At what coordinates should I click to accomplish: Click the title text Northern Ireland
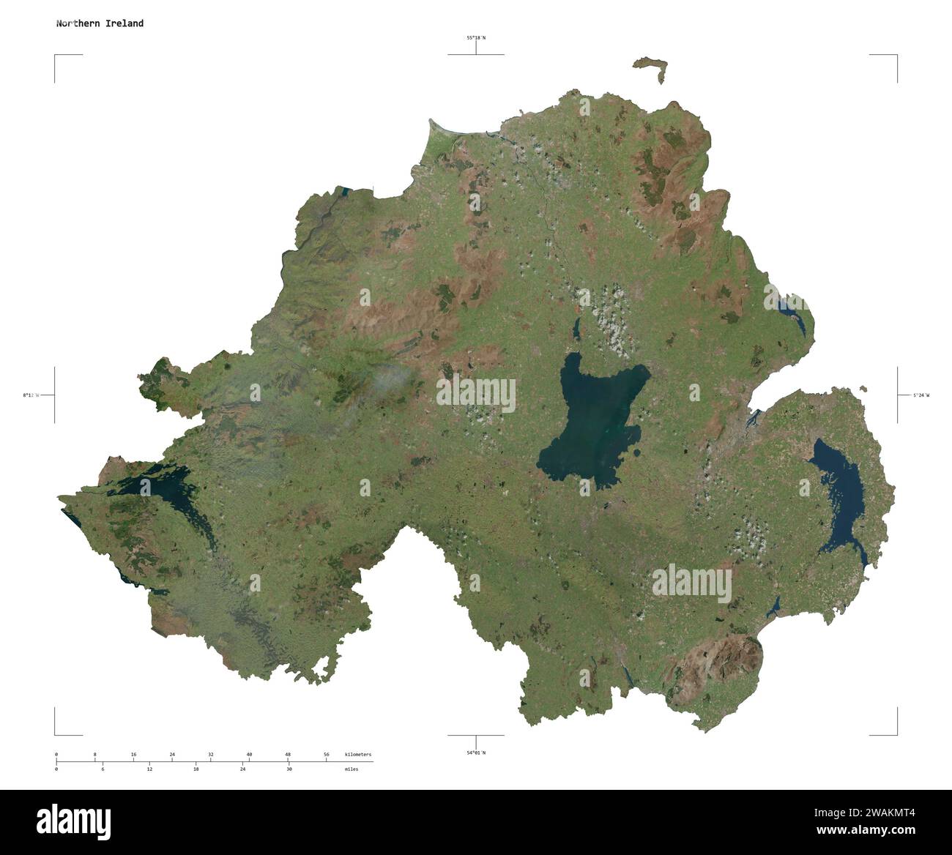point(100,23)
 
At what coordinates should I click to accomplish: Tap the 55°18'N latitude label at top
point(476,37)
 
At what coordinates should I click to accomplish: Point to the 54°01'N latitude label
point(476,753)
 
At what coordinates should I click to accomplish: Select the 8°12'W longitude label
point(31,395)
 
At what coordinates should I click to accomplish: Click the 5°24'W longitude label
point(921,395)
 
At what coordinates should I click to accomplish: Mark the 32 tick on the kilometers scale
point(210,755)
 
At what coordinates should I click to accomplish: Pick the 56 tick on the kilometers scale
point(327,755)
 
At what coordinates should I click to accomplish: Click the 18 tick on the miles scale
point(196,769)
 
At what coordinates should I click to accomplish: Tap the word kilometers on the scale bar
point(357,755)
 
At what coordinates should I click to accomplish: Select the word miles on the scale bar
point(352,769)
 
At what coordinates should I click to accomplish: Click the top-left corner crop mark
point(56,56)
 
